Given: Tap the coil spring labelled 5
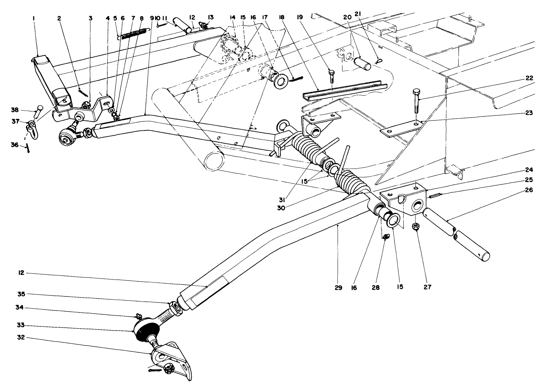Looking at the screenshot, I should coord(134,33).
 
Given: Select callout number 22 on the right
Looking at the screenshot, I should coord(529,78).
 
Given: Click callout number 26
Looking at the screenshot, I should coord(529,190).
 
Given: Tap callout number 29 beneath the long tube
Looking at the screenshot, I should coord(338,288).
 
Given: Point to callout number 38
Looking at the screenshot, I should coord(15,109).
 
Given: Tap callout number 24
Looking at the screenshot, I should coord(529,170).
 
